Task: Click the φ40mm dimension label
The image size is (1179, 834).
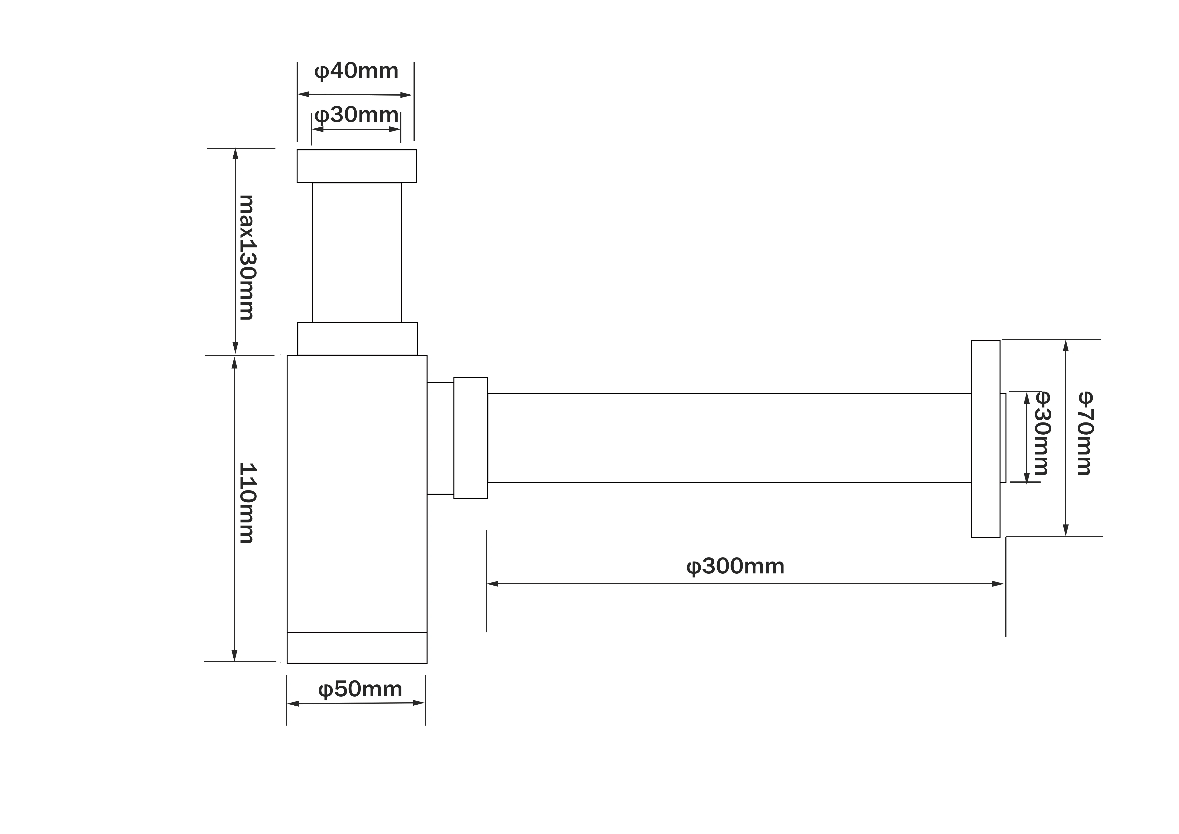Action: pyautogui.click(x=356, y=71)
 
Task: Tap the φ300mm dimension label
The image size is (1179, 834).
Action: pyautogui.click(x=735, y=567)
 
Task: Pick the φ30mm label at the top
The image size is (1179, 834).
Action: pyautogui.click(x=356, y=115)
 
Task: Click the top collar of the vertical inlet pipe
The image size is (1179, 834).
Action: pyautogui.click(x=356, y=166)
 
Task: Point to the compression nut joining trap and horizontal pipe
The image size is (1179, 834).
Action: pyautogui.click(x=470, y=438)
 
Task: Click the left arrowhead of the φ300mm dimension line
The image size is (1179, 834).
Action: pyautogui.click(x=492, y=584)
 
